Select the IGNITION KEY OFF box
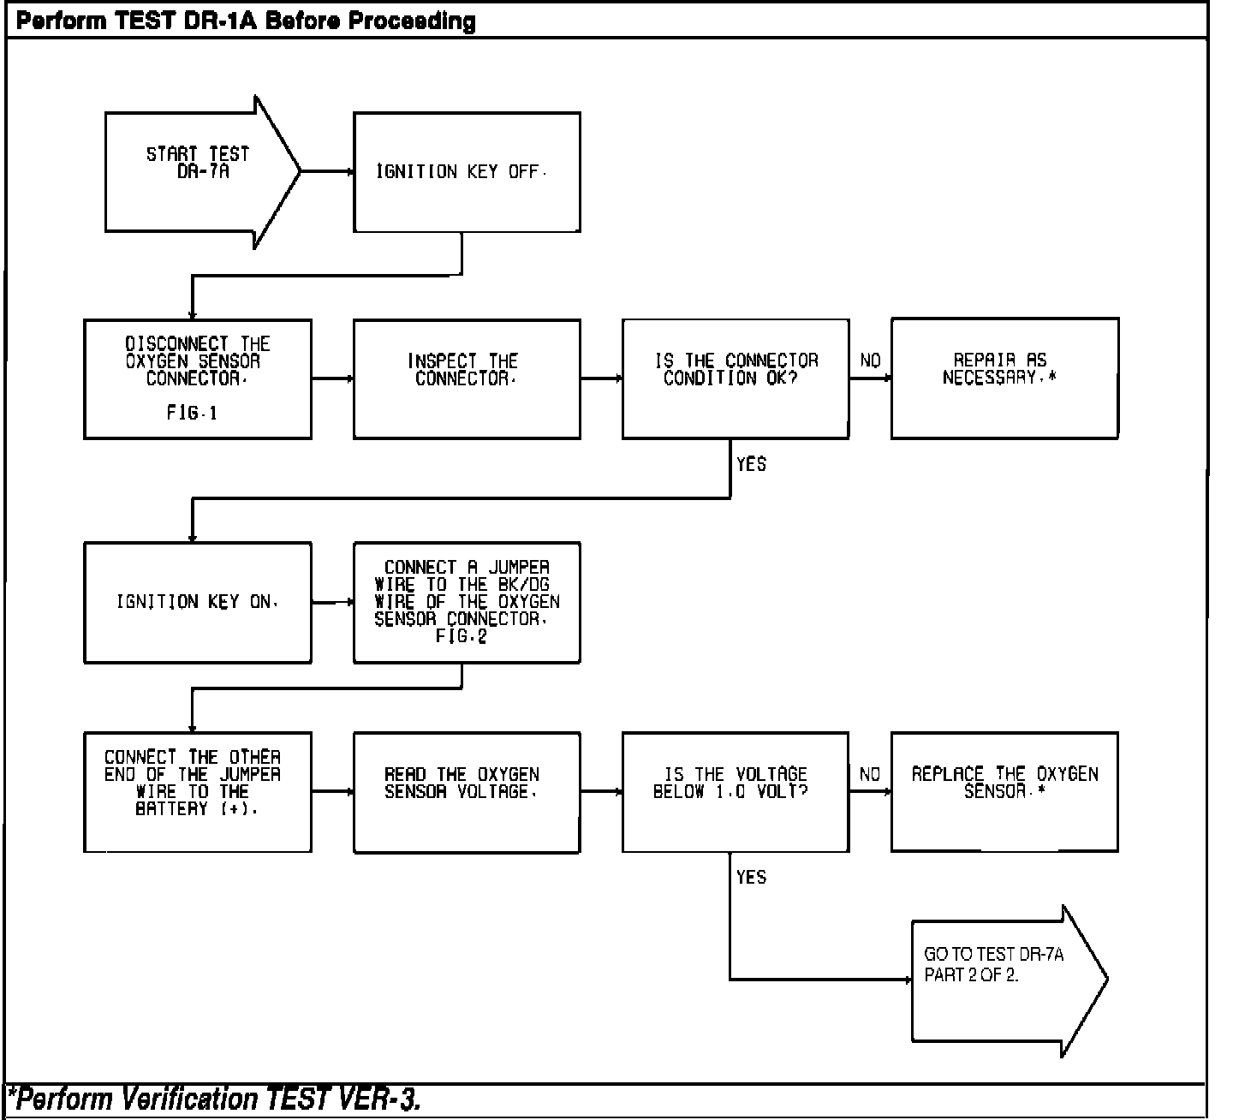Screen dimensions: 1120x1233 467,172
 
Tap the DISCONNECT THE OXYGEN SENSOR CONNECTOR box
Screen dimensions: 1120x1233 197,379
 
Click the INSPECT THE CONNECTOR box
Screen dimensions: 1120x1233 467,379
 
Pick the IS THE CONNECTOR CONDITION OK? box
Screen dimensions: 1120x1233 736,379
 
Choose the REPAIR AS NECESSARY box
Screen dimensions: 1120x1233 1004,378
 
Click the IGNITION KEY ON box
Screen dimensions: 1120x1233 197,602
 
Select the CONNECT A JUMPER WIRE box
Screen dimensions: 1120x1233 467,602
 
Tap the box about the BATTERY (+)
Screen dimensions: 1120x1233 197,792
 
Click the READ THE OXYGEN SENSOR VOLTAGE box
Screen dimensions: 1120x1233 467,792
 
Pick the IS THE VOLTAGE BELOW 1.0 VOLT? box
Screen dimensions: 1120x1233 736,792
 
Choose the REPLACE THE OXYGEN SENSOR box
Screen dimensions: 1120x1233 1004,791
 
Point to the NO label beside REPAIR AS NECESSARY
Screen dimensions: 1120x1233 870,360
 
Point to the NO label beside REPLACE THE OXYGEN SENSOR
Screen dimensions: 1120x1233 870,774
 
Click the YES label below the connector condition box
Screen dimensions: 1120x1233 751,464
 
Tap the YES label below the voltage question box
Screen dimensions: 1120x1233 751,877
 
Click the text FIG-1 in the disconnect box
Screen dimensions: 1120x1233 192,414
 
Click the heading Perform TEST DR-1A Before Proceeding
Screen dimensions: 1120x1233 246,21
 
